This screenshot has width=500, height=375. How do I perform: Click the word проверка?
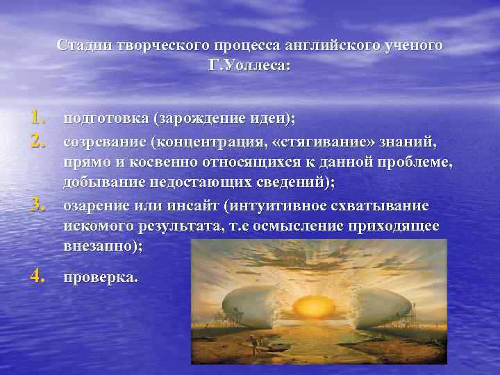pos(100,277)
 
